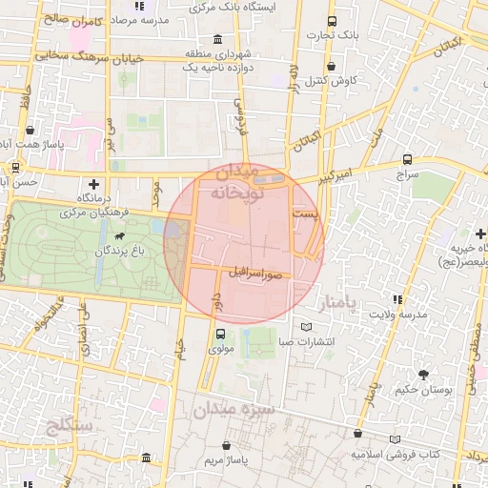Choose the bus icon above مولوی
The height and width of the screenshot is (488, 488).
click(221, 334)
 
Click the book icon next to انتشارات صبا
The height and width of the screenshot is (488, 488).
click(306, 327)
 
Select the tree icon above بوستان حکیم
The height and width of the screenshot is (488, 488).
click(423, 374)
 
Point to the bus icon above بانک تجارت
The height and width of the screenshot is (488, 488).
click(331, 21)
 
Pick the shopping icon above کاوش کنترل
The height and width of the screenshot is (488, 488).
click(331, 67)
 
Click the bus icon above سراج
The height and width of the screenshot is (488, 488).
click(407, 160)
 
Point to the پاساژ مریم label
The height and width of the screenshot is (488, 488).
click(226, 460)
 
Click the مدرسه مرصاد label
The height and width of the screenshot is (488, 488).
click(147, 19)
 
